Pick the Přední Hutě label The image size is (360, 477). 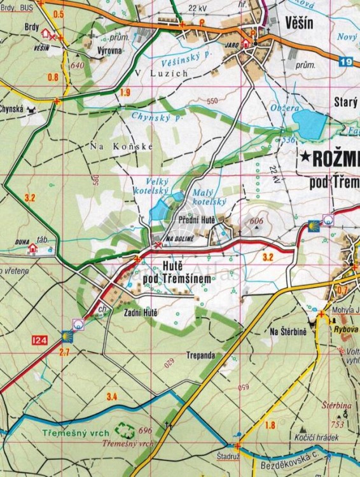click(198, 220)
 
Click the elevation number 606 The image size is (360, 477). click(257, 221)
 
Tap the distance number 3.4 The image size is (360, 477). click(112, 397)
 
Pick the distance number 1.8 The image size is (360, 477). click(270, 425)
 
